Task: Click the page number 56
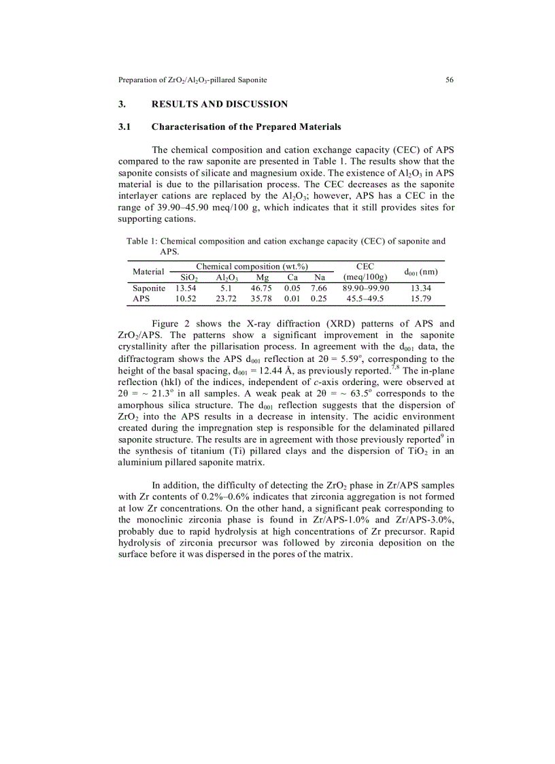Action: pyautogui.click(x=450, y=80)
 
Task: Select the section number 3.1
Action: pyautogui.click(x=124, y=127)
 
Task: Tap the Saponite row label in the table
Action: pyautogui.click(x=149, y=288)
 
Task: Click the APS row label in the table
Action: pyautogui.click(x=141, y=299)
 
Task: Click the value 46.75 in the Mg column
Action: pyautogui.click(x=261, y=288)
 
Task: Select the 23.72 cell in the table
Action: pyautogui.click(x=226, y=299)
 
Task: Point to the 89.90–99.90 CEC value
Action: pyautogui.click(x=365, y=288)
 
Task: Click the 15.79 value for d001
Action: pyautogui.click(x=420, y=299)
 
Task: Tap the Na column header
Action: pyautogui.click(x=320, y=278)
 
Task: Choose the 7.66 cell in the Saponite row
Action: pyautogui.click(x=318, y=288)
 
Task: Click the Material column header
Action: pyautogui.click(x=148, y=271)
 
